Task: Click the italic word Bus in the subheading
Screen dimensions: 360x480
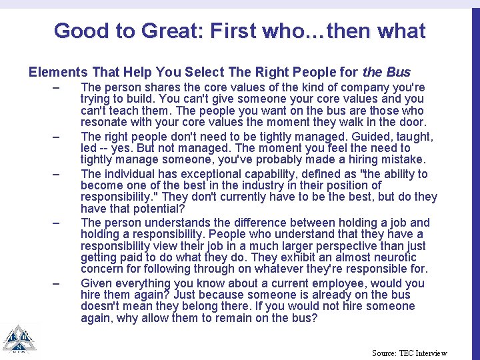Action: [399, 72]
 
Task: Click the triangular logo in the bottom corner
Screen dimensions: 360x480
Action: [19, 340]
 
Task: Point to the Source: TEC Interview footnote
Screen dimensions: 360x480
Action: [409, 353]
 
